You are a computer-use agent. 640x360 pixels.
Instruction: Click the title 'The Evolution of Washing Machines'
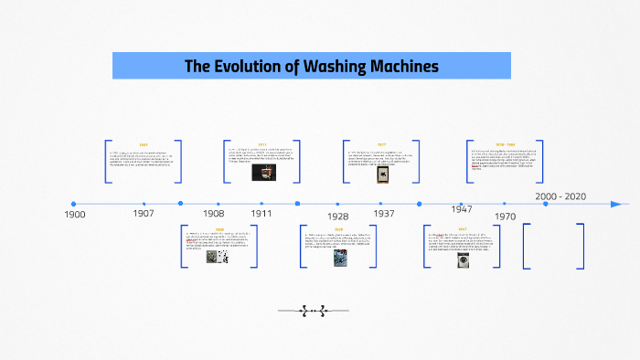click(311, 66)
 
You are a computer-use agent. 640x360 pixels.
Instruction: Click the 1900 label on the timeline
click(75, 214)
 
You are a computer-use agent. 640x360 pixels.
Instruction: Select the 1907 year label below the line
click(143, 213)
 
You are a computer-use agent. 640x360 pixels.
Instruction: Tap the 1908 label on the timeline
click(212, 213)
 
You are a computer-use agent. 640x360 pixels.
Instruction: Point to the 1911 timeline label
click(261, 213)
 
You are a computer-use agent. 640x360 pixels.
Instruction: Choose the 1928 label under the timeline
click(337, 217)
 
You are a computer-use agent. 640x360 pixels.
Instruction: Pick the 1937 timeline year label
click(384, 213)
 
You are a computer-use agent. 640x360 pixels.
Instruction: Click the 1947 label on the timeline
click(462, 209)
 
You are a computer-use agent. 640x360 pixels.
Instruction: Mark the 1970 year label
click(505, 217)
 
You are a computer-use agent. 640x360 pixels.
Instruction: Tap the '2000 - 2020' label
click(561, 196)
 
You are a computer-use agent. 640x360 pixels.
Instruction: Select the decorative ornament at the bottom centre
click(314, 311)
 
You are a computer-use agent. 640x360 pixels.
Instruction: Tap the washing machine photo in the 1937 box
click(382, 175)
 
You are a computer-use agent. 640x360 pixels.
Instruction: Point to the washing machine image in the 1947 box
click(464, 259)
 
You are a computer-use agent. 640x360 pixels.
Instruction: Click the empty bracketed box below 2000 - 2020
click(554, 246)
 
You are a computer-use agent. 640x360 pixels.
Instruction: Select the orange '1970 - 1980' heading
click(505, 144)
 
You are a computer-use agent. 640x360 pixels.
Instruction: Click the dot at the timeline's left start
click(73, 204)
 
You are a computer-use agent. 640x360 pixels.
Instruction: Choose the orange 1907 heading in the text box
click(144, 144)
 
